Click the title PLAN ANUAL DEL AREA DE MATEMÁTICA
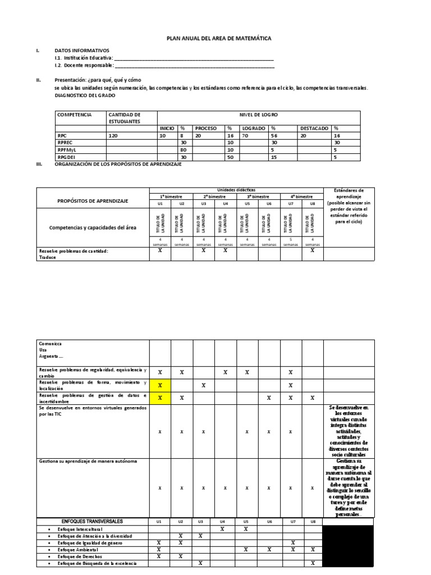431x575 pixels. point(219,38)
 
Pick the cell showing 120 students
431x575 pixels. point(113,135)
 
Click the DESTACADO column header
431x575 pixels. point(314,128)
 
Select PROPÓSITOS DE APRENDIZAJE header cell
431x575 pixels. point(92,200)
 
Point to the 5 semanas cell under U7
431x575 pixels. point(291,241)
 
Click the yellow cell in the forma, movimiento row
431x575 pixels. point(159,385)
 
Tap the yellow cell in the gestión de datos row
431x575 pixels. point(159,398)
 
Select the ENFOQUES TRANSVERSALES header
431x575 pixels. point(92,521)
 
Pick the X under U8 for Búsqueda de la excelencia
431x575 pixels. point(313,563)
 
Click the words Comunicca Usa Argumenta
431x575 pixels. point(51,349)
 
